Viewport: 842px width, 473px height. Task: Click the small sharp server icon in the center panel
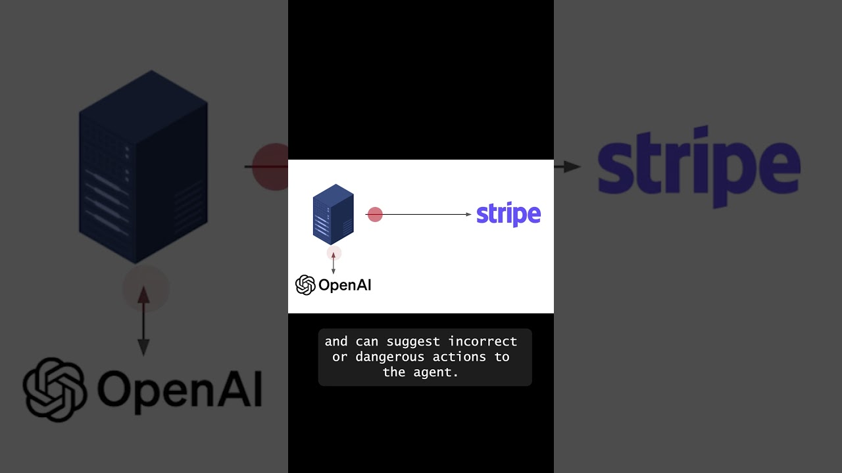pos(333,214)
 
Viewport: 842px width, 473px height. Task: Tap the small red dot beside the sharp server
pos(375,215)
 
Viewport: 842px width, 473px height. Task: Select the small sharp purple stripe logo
pos(508,214)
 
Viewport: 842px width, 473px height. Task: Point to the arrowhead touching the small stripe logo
pos(468,214)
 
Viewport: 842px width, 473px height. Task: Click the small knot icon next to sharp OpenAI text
pos(305,284)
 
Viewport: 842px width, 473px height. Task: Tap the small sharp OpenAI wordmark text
pos(345,285)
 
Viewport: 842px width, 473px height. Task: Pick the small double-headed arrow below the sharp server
pos(334,263)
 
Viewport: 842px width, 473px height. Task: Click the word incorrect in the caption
pos(483,342)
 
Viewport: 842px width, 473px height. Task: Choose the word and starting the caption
pos(336,342)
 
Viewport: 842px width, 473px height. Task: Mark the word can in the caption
pos(367,342)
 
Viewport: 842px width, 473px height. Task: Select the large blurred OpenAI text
pos(180,389)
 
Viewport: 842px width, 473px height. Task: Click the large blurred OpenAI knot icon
pos(55,389)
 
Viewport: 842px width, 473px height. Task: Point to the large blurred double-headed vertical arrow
pos(143,322)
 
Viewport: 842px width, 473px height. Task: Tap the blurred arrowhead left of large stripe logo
pos(572,167)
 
